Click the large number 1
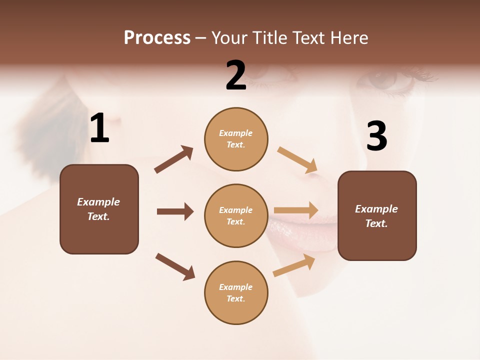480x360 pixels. [99, 128]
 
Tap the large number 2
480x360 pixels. [236, 75]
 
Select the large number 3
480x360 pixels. [376, 136]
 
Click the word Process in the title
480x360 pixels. [157, 37]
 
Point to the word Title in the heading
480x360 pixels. [268, 37]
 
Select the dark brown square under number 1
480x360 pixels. [99, 209]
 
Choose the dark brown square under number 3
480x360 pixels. [377, 215]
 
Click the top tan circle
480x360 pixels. [236, 139]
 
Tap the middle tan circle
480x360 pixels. [236, 215]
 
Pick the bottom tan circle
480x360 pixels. [236, 292]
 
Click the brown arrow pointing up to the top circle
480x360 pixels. [173, 159]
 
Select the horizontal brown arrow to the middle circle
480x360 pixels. [175, 211]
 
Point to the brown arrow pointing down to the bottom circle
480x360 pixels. [175, 266]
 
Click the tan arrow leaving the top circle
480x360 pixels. [297, 159]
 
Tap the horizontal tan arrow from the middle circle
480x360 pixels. [296, 210]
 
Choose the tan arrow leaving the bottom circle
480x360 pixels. [294, 265]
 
